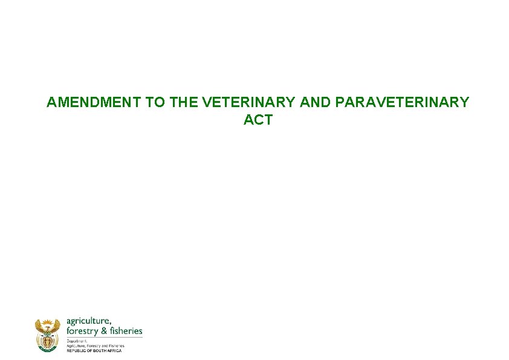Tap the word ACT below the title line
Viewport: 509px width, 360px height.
coord(258,120)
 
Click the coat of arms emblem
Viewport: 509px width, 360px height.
coord(48,335)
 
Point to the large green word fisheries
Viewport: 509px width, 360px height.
coord(126,331)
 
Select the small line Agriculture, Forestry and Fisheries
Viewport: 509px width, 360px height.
coord(95,345)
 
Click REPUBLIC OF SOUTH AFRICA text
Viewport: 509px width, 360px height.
coord(94,351)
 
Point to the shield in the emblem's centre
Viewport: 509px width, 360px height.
coord(48,340)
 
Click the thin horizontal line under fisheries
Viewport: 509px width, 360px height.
coord(104,337)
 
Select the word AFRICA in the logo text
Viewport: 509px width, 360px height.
coord(114,351)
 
